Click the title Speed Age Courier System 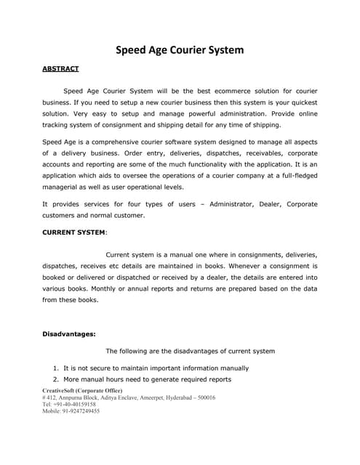[x=180, y=50]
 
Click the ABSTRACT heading [x=60, y=68]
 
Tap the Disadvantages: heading [x=69, y=334]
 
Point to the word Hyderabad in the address [x=169, y=397]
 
